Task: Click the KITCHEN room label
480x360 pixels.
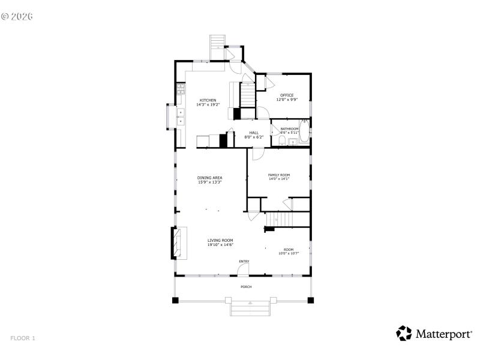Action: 208,100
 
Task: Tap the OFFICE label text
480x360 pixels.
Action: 287,95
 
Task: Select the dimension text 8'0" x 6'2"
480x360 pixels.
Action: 254,137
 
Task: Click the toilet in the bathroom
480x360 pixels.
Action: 281,142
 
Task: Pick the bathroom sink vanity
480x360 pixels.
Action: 293,142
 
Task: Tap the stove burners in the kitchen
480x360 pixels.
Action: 180,91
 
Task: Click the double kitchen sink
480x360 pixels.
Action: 180,116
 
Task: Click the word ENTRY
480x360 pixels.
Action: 244,261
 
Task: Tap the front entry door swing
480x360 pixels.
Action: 242,271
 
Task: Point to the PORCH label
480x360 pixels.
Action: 246,287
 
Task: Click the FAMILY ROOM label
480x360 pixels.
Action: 278,175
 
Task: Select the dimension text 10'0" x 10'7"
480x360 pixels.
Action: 289,253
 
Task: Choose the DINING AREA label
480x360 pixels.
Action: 210,178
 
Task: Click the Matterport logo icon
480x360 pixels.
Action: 404,334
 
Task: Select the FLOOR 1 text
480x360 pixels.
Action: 23,338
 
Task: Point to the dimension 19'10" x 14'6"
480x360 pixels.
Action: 220,245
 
